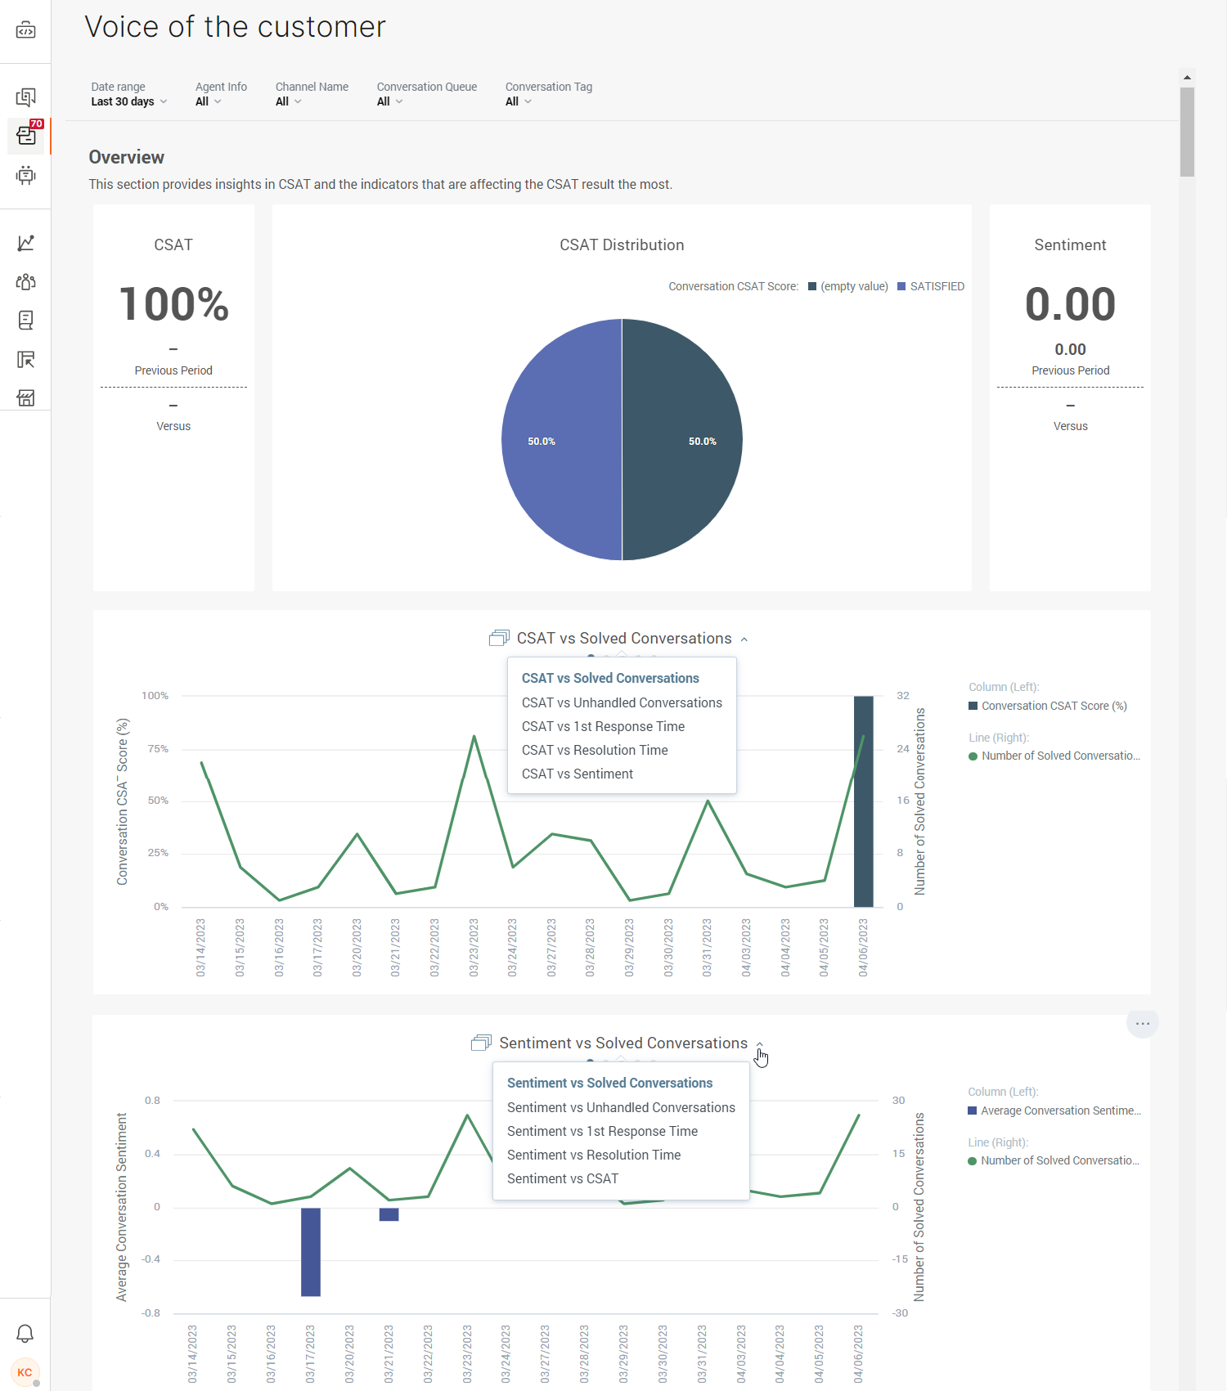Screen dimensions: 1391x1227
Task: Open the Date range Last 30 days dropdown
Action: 128,101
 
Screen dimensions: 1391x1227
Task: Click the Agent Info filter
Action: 208,101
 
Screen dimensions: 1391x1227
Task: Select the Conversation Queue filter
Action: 389,101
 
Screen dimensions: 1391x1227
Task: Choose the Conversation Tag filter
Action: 518,101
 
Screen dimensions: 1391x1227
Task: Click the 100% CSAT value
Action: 173,304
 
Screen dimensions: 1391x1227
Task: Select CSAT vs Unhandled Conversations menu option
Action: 622,702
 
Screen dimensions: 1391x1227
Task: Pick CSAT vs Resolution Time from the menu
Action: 595,750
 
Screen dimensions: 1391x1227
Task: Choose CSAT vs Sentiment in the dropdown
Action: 578,774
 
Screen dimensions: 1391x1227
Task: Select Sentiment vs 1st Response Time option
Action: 602,1131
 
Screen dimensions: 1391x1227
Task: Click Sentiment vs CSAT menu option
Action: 563,1178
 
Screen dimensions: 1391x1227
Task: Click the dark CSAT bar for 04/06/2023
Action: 863,818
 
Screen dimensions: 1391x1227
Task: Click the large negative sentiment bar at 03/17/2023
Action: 311,1251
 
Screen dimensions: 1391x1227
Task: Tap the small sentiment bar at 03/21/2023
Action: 389,1214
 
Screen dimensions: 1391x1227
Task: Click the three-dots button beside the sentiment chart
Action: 1143,1024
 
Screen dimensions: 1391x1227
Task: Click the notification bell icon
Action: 25,1334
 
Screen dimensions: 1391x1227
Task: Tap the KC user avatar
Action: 25,1372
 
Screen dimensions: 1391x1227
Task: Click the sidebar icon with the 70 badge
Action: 26,136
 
